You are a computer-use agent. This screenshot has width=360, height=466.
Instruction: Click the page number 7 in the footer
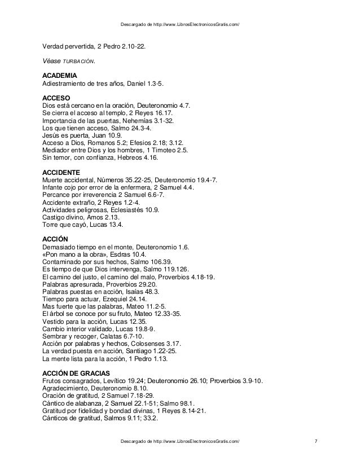315,441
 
